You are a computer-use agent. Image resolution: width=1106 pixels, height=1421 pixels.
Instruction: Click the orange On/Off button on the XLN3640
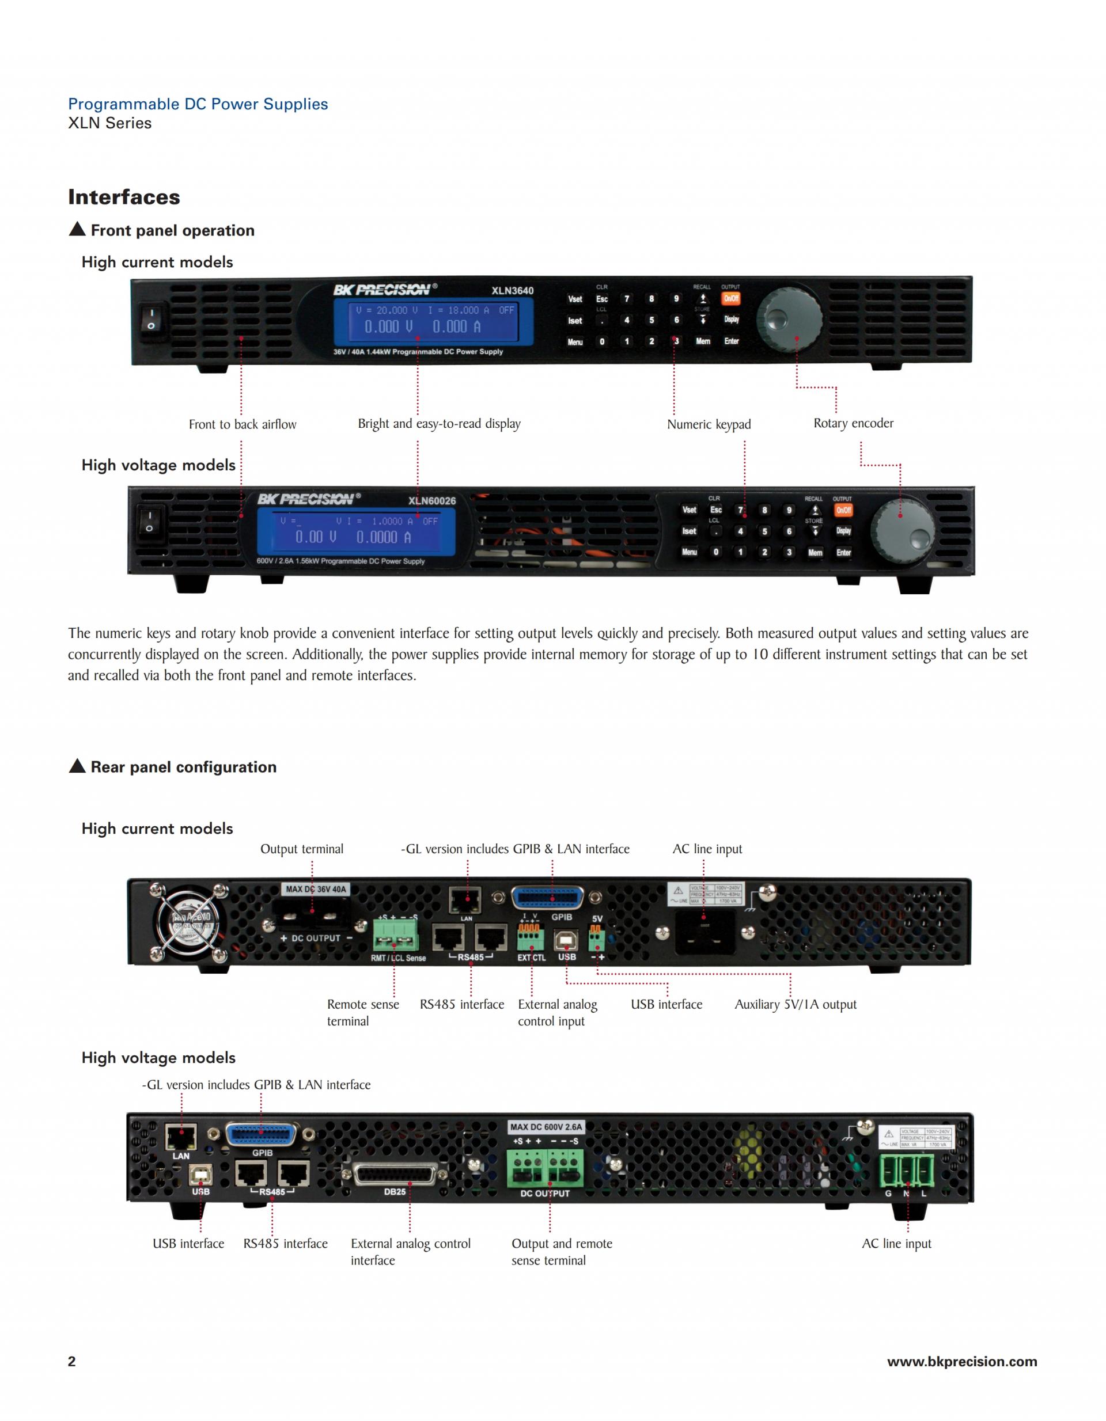(730, 299)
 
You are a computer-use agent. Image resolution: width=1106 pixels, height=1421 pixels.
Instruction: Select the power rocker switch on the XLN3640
(151, 320)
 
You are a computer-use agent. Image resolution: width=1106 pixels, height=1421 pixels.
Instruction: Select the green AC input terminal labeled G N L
(907, 1171)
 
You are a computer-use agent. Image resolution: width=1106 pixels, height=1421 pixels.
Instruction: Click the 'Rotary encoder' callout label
(853, 424)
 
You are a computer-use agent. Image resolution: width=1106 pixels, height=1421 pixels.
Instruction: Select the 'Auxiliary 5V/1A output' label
(795, 1005)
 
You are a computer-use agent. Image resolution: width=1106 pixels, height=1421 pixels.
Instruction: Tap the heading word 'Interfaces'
(124, 197)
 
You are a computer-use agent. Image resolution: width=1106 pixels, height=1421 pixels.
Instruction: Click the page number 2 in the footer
(71, 1362)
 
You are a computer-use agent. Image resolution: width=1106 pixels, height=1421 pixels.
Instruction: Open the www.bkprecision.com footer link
(961, 1362)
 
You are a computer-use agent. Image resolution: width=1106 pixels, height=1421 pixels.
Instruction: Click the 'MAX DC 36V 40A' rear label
(316, 890)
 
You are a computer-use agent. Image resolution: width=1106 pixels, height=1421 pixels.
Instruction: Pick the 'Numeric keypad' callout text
(709, 425)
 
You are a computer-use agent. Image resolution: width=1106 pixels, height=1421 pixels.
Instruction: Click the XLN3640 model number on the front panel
(512, 291)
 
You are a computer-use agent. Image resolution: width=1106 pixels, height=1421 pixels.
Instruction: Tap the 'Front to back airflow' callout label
(242, 425)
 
